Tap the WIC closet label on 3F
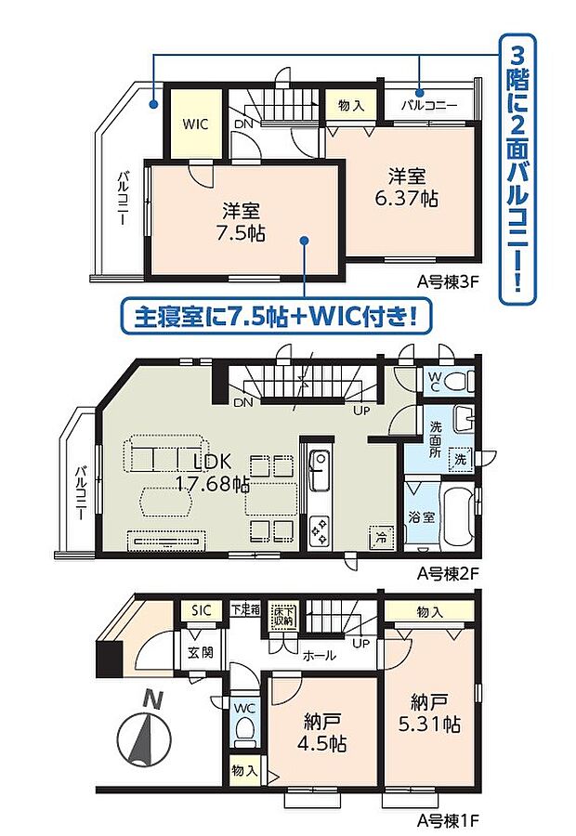195,122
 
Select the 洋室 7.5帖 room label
242,221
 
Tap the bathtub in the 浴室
455,516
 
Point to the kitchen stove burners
319,530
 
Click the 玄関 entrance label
201,652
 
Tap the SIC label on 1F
202,610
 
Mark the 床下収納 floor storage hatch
282,615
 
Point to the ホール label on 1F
321,655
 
